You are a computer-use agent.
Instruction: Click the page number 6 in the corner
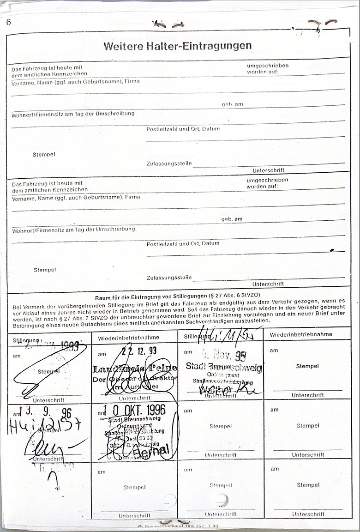pos(8,21)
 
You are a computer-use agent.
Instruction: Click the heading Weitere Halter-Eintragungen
pos(178,46)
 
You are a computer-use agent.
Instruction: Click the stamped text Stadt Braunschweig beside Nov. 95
pos(223,368)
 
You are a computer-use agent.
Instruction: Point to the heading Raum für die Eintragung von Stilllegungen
pos(178,297)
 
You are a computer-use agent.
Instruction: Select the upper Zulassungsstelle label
pos(168,163)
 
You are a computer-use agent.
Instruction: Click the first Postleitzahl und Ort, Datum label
pos(183,129)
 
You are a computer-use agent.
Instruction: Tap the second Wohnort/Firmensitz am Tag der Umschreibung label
pos(73,229)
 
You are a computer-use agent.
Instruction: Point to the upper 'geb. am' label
pos(232,104)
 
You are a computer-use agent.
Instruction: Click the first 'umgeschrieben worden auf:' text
pos(267,68)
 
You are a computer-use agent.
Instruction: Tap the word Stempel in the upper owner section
pos(44,154)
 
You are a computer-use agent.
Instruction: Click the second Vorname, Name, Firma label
pos(76,197)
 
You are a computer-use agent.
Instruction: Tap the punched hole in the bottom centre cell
pos(222,499)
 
